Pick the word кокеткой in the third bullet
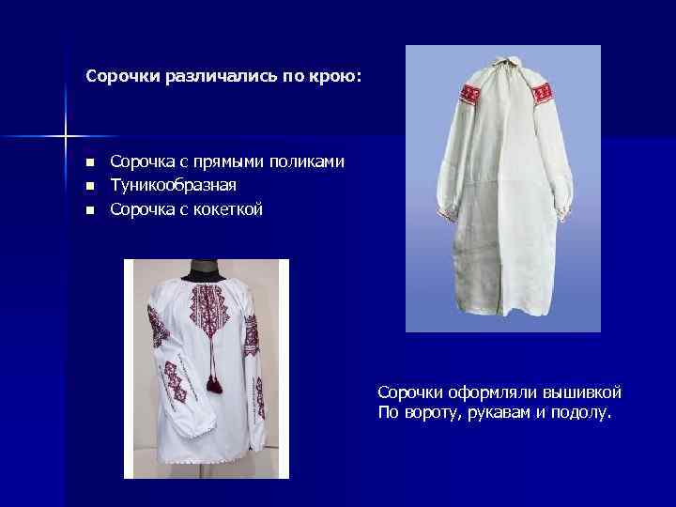coord(231,208)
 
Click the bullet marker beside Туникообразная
coord(89,186)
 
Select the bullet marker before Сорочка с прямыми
coord(89,163)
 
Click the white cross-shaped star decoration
coord(66,137)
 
